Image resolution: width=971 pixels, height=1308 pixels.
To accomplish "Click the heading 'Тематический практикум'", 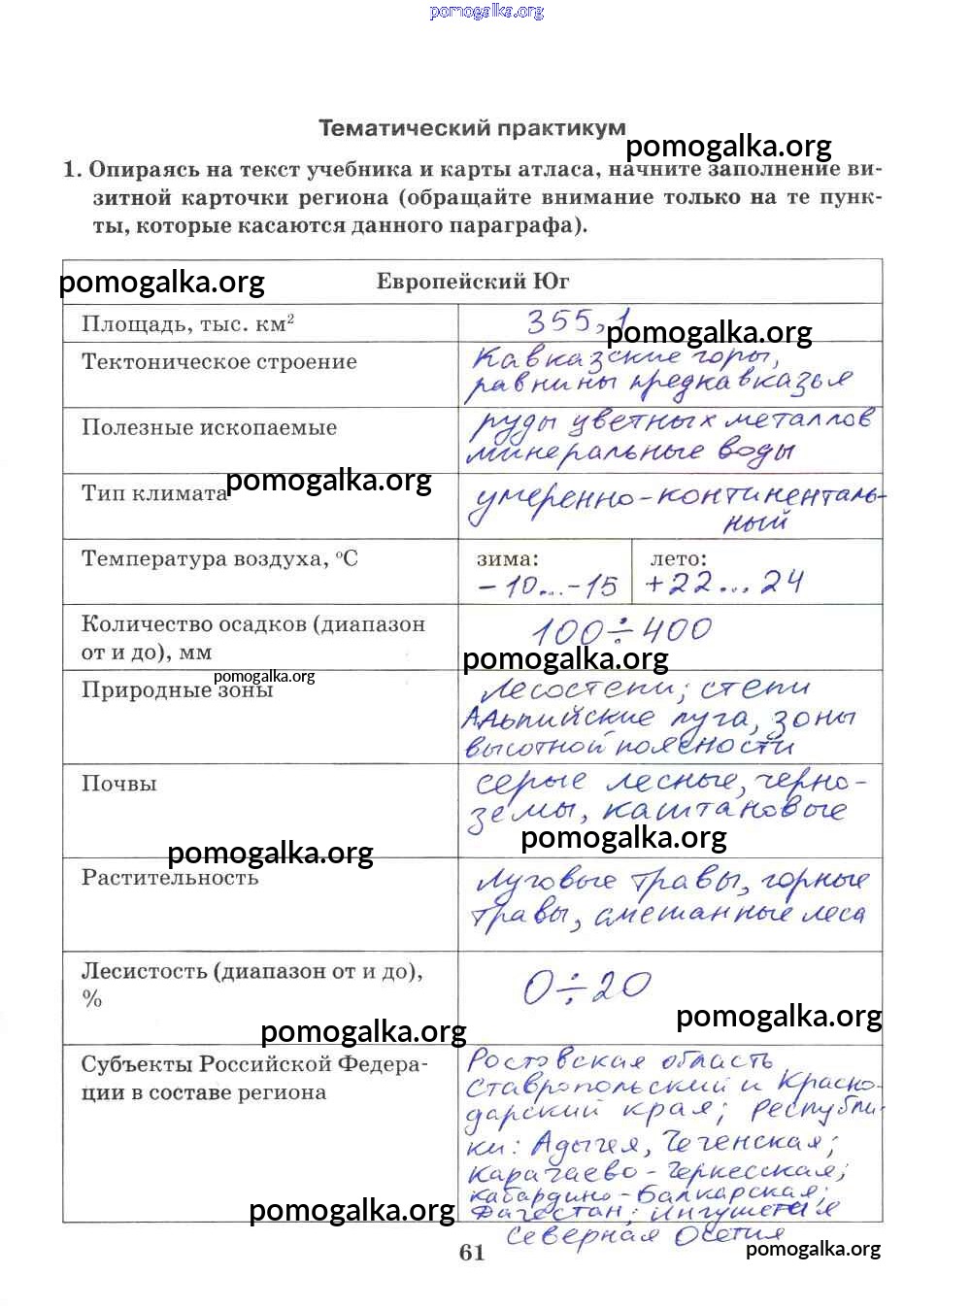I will click(x=472, y=128).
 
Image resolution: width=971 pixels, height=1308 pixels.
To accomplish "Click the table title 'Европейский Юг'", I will click(x=473, y=283).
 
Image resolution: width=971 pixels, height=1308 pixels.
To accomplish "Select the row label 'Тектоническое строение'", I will click(x=219, y=362).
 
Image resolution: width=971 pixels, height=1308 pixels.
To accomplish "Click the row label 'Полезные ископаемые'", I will click(x=209, y=428).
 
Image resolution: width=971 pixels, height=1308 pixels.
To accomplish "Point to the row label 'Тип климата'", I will click(x=153, y=493).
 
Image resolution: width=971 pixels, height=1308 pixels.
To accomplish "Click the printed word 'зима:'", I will click(x=507, y=559).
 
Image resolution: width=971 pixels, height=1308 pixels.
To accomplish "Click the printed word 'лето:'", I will click(x=679, y=559).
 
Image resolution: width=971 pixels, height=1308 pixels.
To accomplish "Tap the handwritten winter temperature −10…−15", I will click(x=548, y=586).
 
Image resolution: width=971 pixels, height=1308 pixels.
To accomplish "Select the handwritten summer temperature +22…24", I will click(x=724, y=583).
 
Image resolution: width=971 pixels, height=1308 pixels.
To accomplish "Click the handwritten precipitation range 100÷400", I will click(x=621, y=631).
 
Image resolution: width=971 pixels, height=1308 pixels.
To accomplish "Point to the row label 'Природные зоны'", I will click(x=177, y=690).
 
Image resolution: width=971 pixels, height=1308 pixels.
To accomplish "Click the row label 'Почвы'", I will click(x=118, y=785).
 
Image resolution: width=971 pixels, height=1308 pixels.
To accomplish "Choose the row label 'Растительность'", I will click(x=170, y=878).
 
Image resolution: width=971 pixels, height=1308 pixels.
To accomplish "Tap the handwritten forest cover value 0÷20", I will click(x=586, y=989).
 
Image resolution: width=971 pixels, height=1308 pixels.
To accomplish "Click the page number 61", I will click(x=472, y=1253).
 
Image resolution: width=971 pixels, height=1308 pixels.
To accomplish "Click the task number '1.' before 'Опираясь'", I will click(x=73, y=170).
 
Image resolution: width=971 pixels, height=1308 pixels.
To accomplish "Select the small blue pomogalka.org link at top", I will click(x=486, y=12).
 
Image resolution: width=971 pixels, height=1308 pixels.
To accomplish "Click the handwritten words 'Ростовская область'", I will click(x=619, y=1060).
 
